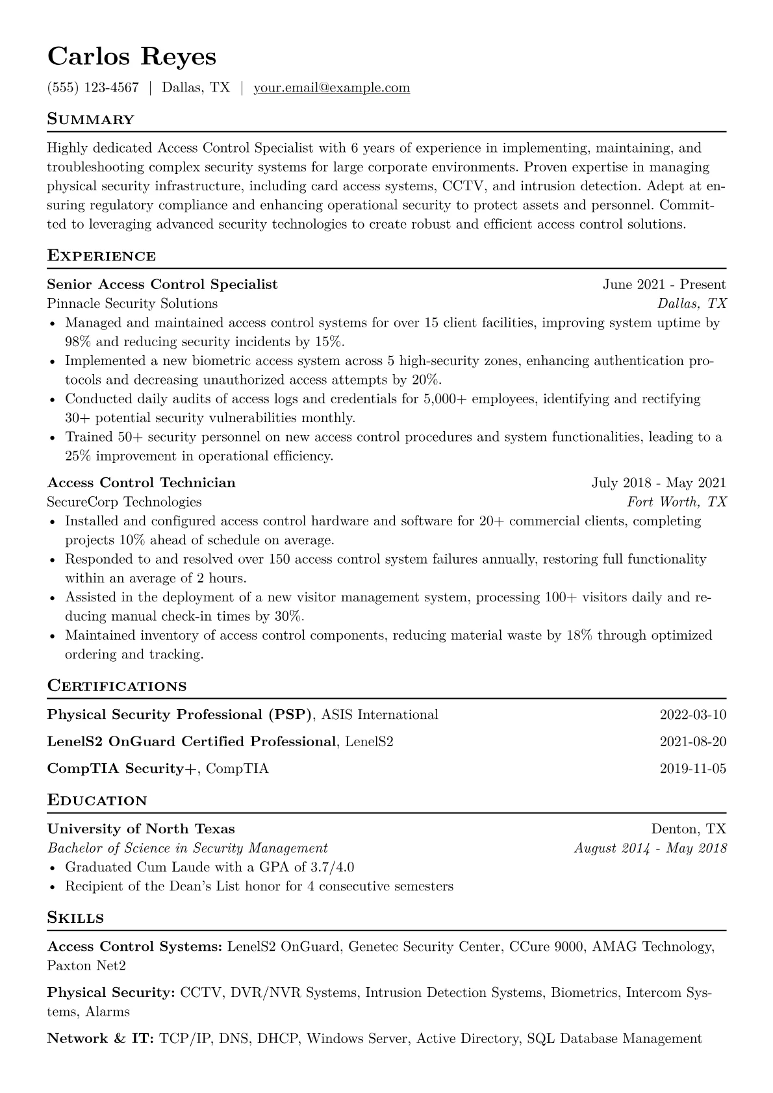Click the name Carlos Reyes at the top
point(132,57)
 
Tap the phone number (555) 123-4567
point(93,88)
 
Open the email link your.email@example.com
point(331,88)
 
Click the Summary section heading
point(91,119)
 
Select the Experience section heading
point(101,256)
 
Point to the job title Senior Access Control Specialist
point(162,284)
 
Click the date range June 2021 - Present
point(664,284)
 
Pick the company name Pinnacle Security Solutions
point(133,303)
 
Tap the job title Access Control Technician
point(142,483)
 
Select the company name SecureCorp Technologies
point(124,501)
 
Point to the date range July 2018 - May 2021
point(659,483)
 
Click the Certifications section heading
point(117,686)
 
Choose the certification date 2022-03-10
point(692,715)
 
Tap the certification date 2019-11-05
point(692,769)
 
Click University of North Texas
point(141,829)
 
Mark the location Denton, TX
point(689,829)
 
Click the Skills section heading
point(75,918)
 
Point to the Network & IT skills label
point(100,1038)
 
